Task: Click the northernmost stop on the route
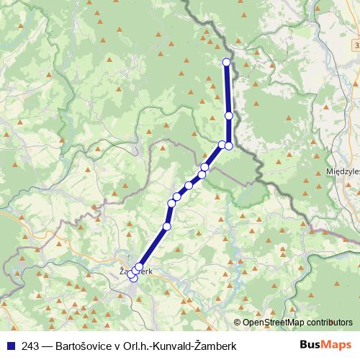click(x=227, y=62)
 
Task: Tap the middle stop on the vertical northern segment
click(x=229, y=116)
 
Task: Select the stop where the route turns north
click(x=229, y=145)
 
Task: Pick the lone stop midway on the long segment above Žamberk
click(x=167, y=227)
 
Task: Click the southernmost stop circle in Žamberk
click(x=133, y=279)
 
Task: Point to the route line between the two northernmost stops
click(x=228, y=89)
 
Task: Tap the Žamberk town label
click(x=135, y=272)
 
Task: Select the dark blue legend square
click(x=9, y=345)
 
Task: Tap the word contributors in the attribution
click(x=330, y=323)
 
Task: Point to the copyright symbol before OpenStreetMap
click(x=238, y=323)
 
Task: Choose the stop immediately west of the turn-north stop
click(x=222, y=145)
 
